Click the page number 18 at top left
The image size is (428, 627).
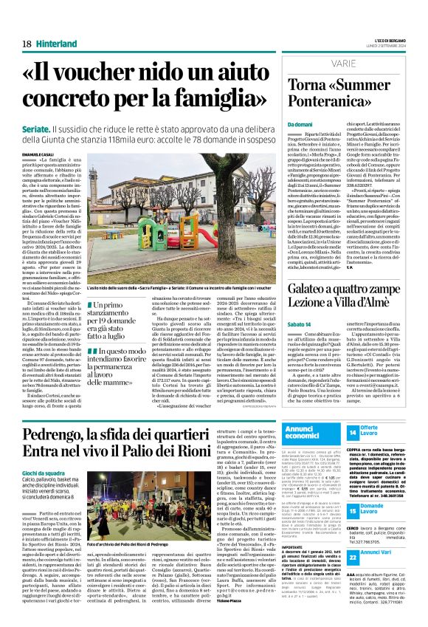[27, 44]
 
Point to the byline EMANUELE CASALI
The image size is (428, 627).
[38, 154]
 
